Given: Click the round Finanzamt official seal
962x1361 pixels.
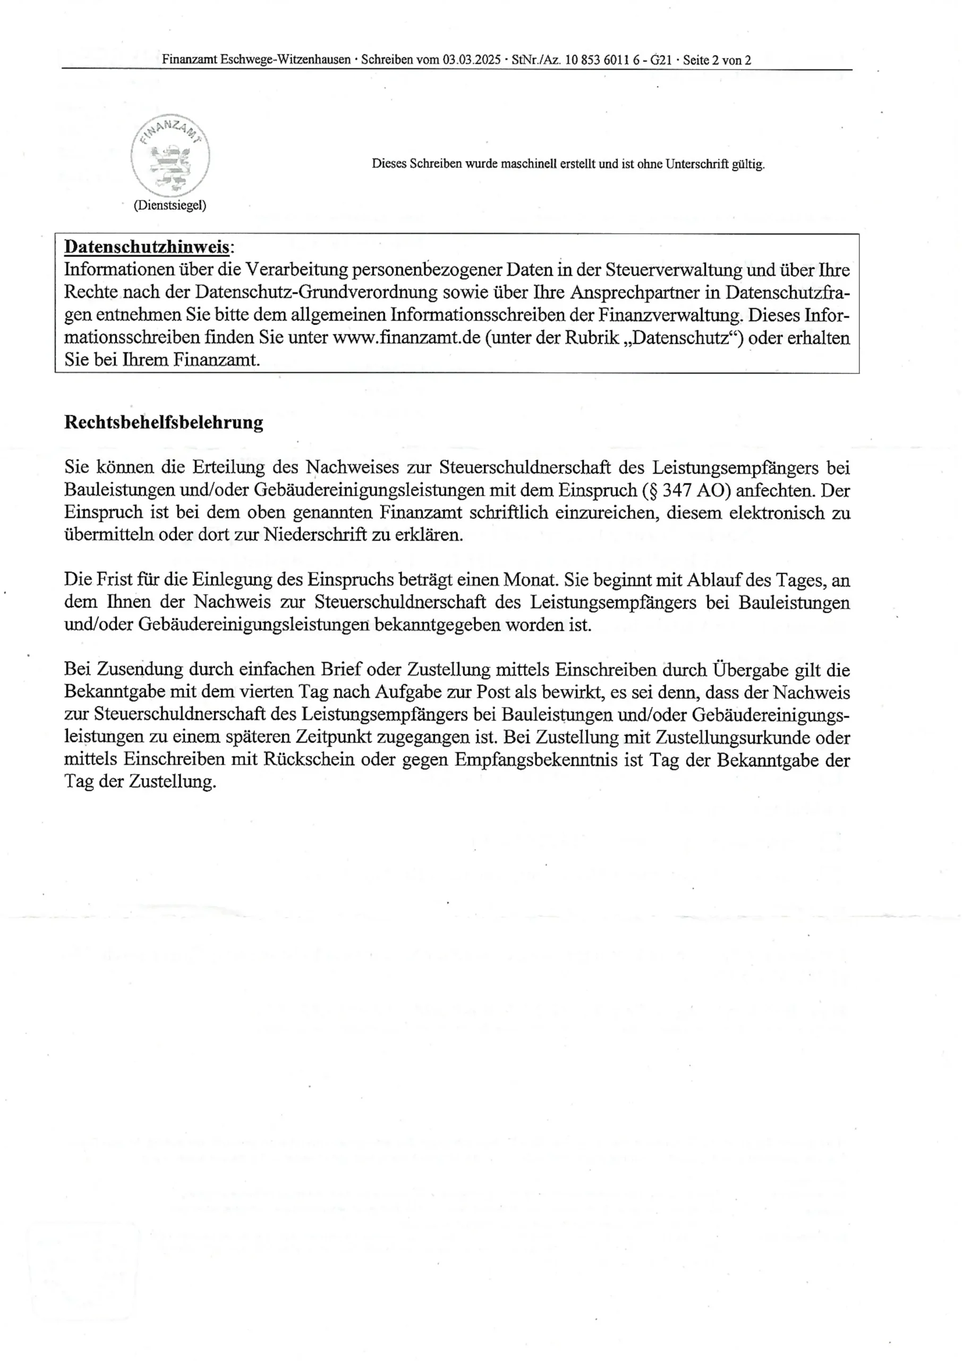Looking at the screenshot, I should (170, 155).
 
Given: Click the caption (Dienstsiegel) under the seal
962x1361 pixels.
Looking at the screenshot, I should (170, 205).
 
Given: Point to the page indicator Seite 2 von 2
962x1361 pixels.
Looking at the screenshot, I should (717, 60).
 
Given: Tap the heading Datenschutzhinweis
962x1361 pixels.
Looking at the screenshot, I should (146, 247).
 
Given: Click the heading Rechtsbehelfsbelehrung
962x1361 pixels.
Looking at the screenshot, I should (164, 423).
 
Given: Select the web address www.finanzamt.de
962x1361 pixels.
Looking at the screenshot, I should (406, 338).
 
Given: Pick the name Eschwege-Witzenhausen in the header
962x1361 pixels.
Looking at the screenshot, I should (286, 60).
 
